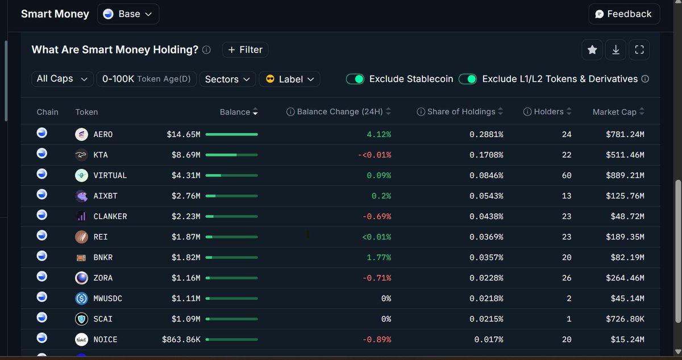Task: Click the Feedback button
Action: click(623, 14)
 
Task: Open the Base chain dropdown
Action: click(128, 14)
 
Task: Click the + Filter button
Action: click(245, 50)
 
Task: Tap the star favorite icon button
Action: click(592, 50)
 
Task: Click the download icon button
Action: click(616, 50)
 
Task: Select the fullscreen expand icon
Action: click(639, 50)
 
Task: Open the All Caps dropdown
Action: click(62, 79)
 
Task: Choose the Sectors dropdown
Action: click(227, 79)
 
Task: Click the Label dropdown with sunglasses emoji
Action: click(289, 79)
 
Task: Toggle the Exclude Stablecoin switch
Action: click(355, 79)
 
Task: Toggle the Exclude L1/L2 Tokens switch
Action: click(468, 79)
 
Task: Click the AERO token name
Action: click(103, 135)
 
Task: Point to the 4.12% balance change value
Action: click(379, 135)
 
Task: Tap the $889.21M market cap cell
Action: click(625, 176)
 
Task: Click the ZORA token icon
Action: click(81, 278)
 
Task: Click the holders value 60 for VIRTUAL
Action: click(566, 176)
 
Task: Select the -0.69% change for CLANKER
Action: click(377, 217)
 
